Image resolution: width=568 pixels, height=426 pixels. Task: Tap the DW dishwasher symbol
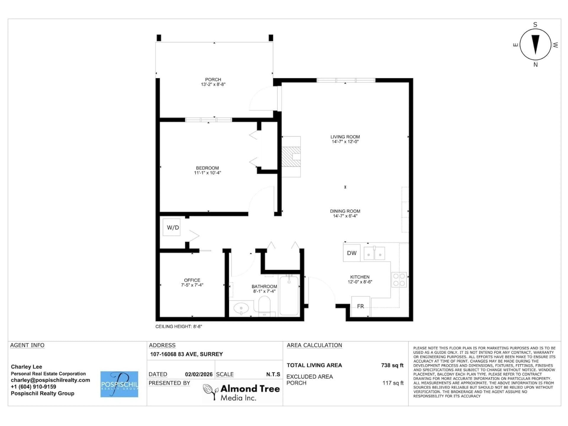[x=352, y=253]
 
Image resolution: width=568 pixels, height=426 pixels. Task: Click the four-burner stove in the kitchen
[x=399, y=280]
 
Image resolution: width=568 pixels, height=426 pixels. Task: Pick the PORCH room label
[x=213, y=80]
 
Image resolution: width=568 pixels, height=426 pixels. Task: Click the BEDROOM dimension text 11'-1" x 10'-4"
[x=208, y=173]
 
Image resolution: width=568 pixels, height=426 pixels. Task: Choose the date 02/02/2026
[x=199, y=374]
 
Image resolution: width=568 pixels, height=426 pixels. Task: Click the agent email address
[x=50, y=380]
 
